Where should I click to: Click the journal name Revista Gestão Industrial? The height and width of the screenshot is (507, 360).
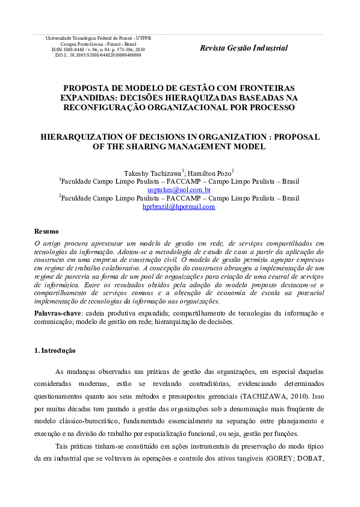[x=243, y=48]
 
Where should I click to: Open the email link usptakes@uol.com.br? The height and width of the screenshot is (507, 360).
[x=179, y=190]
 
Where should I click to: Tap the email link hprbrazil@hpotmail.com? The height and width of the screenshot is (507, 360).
[x=179, y=207]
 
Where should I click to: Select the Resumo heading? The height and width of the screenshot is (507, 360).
[x=46, y=231]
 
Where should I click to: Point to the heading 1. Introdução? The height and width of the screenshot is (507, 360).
[x=55, y=350]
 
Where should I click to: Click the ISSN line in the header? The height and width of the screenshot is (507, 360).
[x=98, y=49]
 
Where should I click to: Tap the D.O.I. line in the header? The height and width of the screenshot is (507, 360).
[x=98, y=54]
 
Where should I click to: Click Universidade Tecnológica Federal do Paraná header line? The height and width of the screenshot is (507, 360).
[x=98, y=38]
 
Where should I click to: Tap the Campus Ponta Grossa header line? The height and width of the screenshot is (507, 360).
[x=98, y=43]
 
